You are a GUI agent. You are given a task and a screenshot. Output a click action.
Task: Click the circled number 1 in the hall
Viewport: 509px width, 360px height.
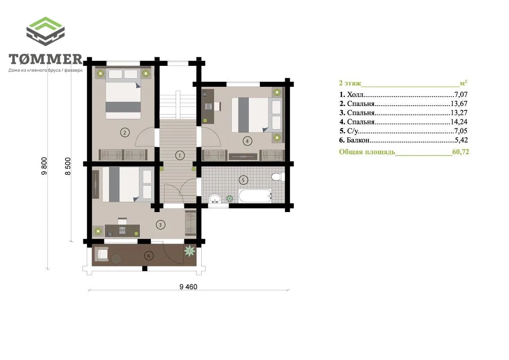(x=179, y=156)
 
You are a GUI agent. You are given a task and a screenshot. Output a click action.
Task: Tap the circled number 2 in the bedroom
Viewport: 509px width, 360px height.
(x=125, y=132)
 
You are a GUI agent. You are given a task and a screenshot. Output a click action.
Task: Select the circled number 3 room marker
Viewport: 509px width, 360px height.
(x=160, y=224)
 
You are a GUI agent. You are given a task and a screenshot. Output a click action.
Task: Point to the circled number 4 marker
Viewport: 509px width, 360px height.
(x=247, y=141)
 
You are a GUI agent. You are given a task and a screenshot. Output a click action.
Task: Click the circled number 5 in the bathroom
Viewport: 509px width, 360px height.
(x=243, y=180)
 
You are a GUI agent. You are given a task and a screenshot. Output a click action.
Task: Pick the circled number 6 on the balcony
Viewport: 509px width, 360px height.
(x=149, y=256)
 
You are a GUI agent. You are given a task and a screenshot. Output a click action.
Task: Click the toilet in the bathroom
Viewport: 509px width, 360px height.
(x=278, y=177)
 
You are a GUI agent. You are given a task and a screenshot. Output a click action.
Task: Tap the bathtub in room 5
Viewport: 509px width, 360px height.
(x=255, y=196)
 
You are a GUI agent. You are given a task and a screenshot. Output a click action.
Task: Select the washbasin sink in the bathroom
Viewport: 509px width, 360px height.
(x=215, y=198)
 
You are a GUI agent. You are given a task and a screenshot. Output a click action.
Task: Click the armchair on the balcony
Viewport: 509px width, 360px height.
(x=101, y=254)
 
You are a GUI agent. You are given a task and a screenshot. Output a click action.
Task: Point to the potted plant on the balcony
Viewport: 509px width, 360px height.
(x=190, y=251)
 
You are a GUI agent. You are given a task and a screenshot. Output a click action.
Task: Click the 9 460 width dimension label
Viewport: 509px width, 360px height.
(x=188, y=286)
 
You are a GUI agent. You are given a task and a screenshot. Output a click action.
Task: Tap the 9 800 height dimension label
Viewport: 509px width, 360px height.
(x=44, y=166)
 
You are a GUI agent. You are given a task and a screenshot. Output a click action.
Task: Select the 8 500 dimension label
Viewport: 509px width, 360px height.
(x=68, y=166)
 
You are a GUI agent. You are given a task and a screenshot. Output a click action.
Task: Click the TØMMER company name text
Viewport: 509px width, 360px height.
(x=46, y=59)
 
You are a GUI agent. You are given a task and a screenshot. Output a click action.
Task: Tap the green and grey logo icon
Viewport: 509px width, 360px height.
(x=45, y=31)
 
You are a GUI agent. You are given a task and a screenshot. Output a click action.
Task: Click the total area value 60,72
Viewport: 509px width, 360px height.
(x=461, y=152)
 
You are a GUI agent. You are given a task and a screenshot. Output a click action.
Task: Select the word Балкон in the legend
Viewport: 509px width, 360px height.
(x=358, y=140)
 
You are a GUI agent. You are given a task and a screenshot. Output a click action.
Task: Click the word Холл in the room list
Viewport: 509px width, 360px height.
(x=356, y=94)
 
